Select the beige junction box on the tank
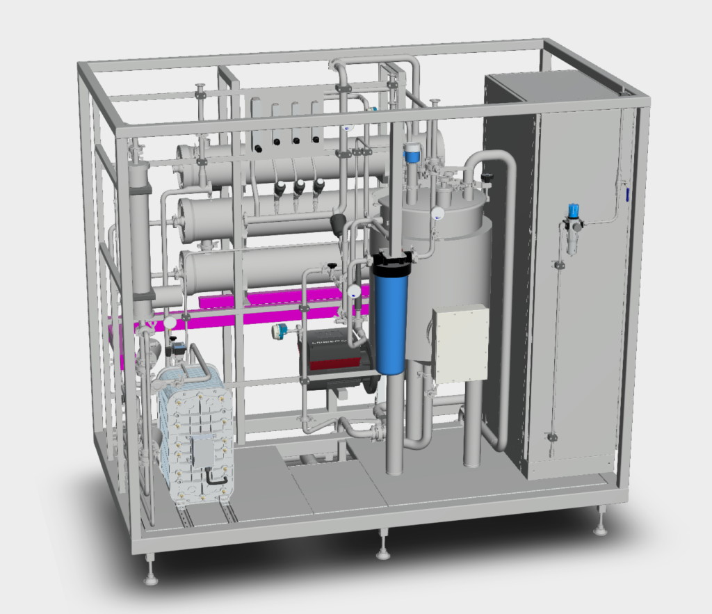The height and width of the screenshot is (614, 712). [x=460, y=344]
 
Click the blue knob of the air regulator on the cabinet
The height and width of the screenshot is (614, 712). [x=573, y=210]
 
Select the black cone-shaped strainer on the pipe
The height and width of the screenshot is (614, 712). [x=339, y=223]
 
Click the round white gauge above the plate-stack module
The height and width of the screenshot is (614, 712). [x=170, y=323]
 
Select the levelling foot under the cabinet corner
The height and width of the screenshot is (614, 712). [x=601, y=529]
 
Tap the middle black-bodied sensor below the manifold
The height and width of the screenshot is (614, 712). [x=300, y=188]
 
